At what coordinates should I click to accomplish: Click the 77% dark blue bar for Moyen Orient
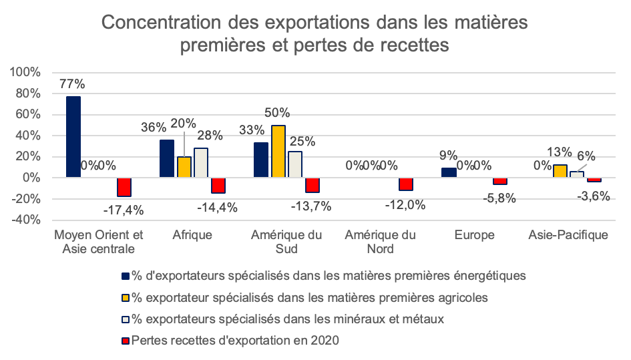click(73, 137)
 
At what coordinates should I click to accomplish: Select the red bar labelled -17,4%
click(124, 187)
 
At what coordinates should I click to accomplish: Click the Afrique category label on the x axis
click(192, 235)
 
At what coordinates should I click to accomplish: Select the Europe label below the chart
click(474, 235)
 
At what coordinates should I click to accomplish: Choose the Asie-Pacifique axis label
click(568, 235)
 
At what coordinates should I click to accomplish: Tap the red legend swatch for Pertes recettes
click(126, 341)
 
